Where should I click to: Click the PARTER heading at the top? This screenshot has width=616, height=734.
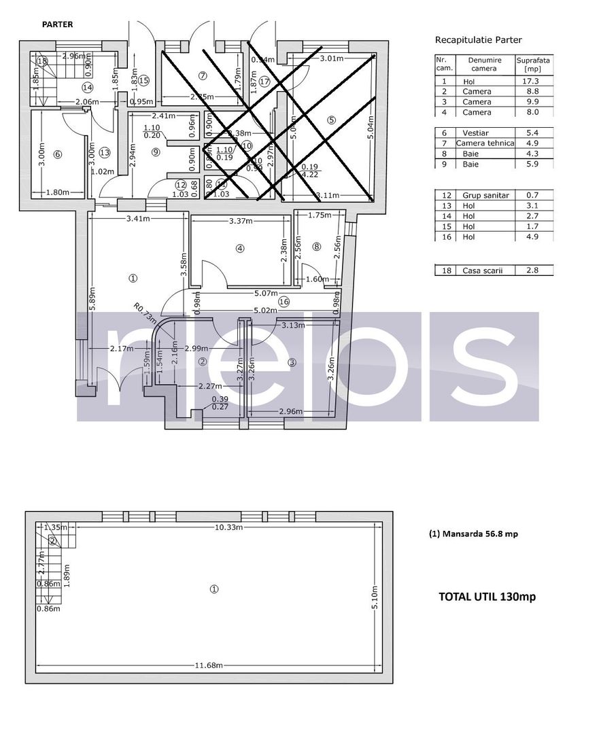coord(57,24)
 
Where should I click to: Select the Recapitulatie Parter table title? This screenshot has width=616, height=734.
coord(479,40)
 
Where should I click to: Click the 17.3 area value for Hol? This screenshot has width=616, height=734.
coord(534,81)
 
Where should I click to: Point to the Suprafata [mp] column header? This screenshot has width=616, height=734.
coord(534,65)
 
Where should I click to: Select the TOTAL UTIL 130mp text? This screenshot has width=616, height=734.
coord(487,597)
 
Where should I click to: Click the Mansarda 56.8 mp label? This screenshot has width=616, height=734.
coord(473,534)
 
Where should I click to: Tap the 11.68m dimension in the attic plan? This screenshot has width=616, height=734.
coord(209,665)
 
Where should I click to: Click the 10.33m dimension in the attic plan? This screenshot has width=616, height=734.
coord(230,527)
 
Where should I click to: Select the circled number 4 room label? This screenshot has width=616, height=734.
coord(239,249)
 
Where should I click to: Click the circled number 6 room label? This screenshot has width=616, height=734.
coord(57,154)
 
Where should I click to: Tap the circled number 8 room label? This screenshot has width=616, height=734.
coord(316,247)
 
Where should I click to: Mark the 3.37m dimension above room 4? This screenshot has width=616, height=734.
coord(241,221)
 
